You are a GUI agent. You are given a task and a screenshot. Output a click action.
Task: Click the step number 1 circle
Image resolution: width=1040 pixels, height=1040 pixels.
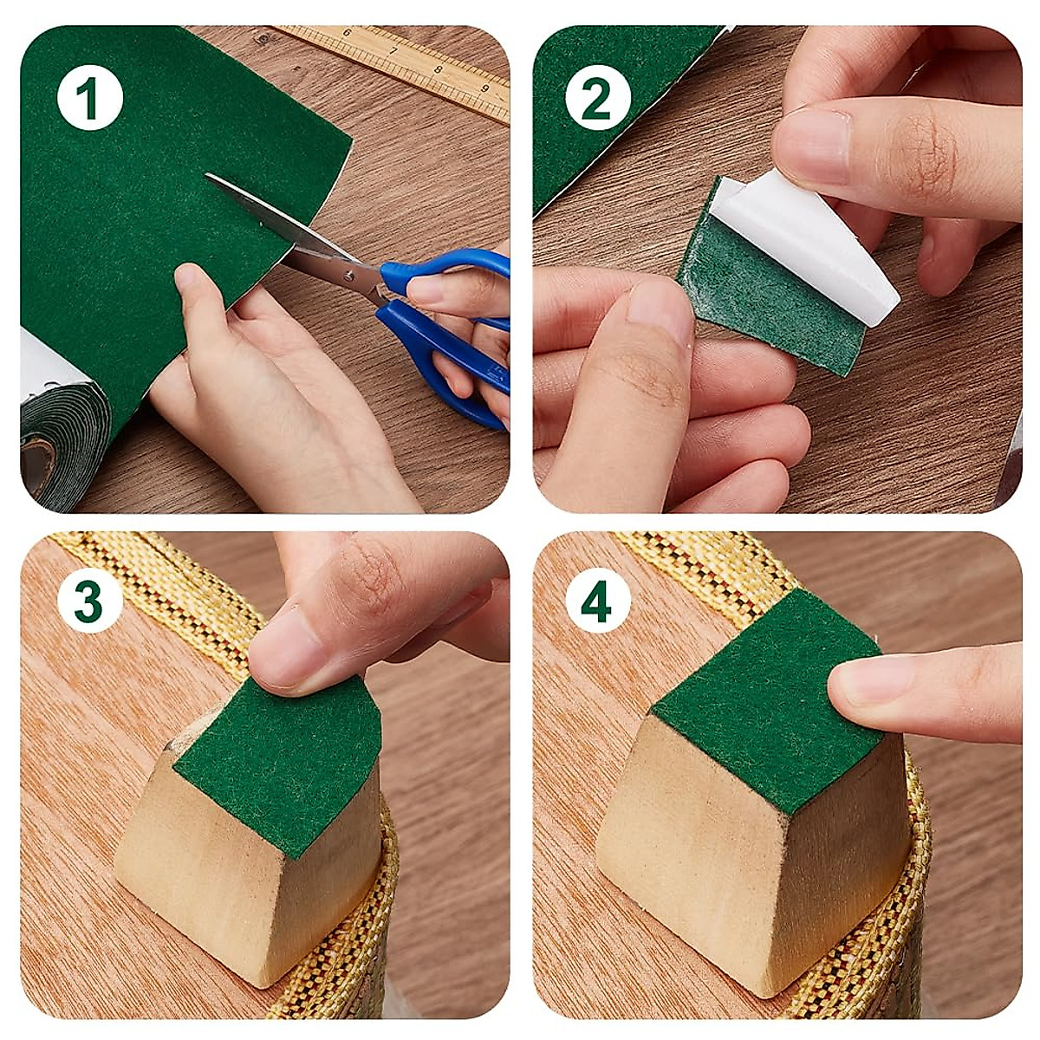90,101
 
